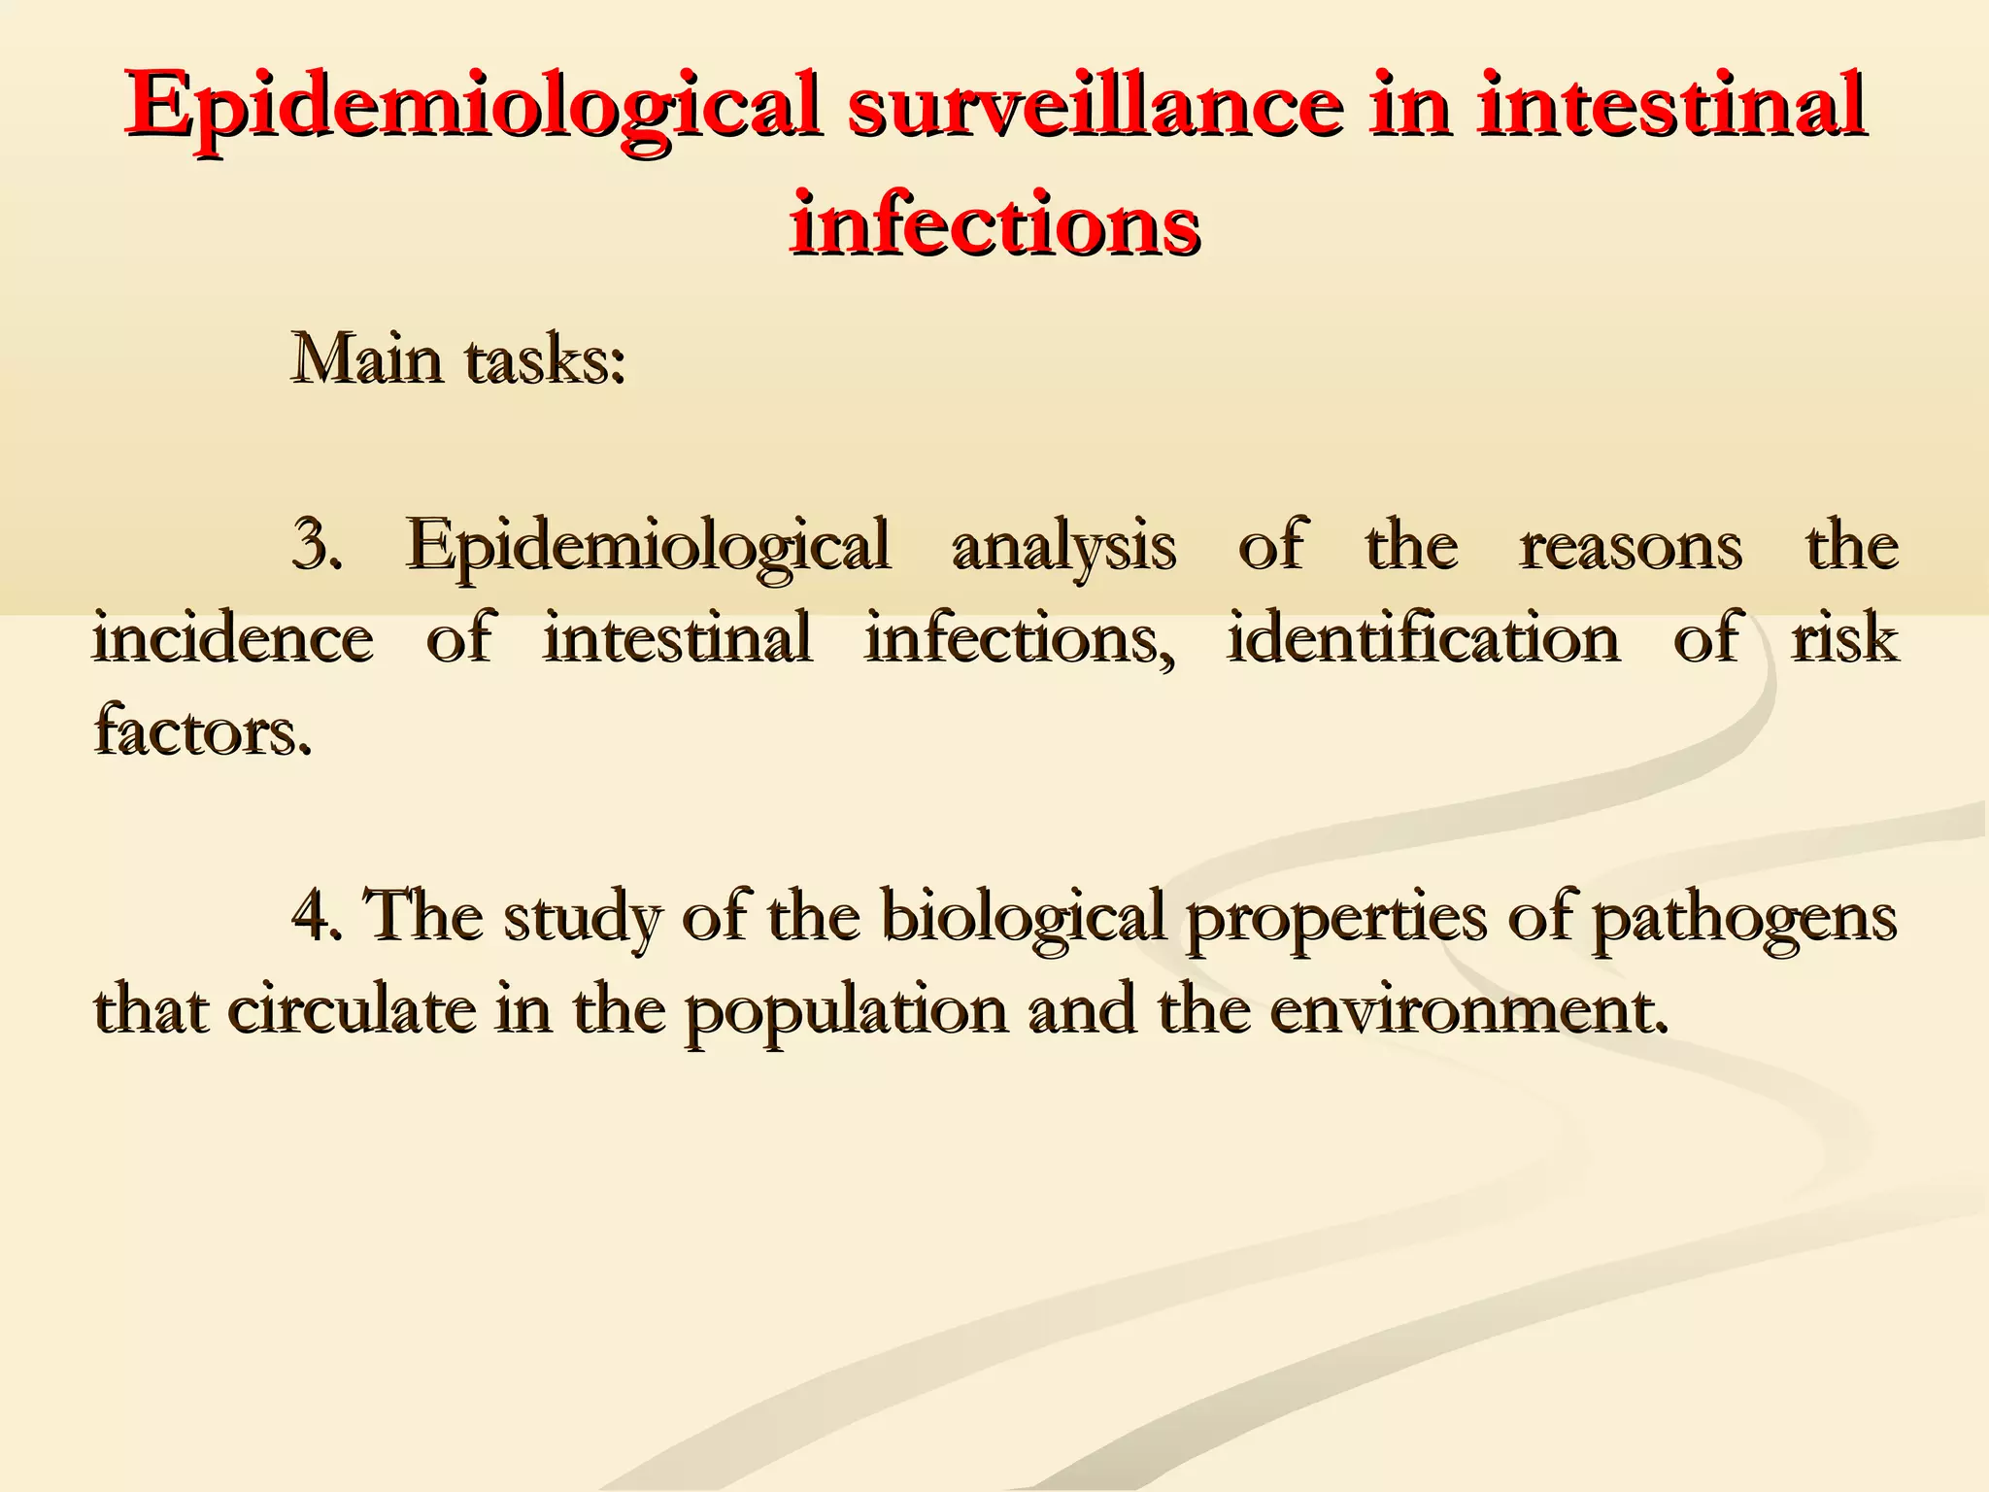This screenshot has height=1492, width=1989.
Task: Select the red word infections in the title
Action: tap(994, 223)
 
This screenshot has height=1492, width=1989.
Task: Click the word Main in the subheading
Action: tap(369, 359)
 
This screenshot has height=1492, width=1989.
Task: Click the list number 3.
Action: tap(317, 546)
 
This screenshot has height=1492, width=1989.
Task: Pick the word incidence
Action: tap(233, 639)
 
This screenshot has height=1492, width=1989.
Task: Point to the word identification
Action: tap(1423, 639)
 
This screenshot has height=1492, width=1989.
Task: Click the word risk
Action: tap(1844, 639)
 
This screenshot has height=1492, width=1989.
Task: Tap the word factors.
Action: tap(202, 730)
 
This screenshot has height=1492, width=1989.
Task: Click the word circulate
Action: tap(352, 1010)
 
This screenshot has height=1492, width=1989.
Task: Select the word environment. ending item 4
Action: tap(1468, 1010)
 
